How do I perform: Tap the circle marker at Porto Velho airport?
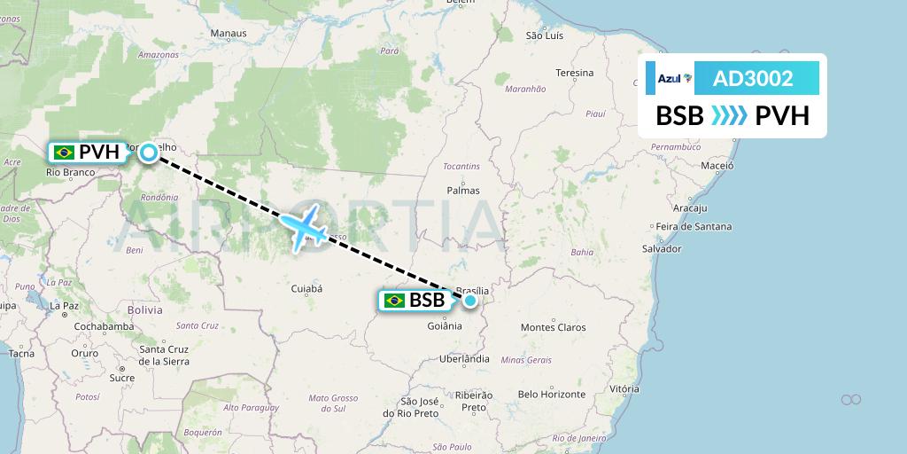(150, 153)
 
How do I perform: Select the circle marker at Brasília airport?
(470, 301)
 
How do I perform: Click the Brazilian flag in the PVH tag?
(64, 153)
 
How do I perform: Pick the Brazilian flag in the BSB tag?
(395, 301)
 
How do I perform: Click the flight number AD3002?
(752, 78)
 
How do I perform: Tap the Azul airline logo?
(674, 79)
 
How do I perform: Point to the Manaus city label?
(228, 34)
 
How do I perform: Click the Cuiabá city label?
(306, 288)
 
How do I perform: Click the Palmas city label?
(463, 190)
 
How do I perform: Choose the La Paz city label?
(64, 305)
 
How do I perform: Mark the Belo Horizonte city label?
(552, 394)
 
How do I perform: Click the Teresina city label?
(574, 73)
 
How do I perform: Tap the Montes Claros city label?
(553, 327)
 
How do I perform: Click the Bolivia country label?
(145, 310)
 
